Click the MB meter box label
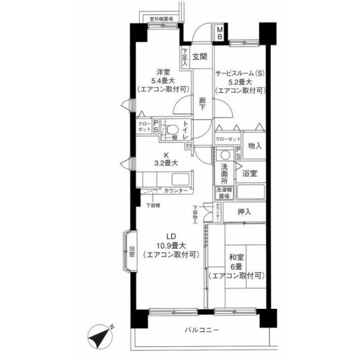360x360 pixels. tap(220, 33)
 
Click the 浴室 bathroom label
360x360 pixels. tap(250, 173)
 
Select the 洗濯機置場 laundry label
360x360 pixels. tap(223, 193)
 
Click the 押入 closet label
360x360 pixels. tap(243, 212)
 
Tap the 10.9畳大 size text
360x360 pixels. tap(168, 245)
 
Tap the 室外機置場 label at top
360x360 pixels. tap(161, 19)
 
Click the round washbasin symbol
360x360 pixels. tap(225, 155)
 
